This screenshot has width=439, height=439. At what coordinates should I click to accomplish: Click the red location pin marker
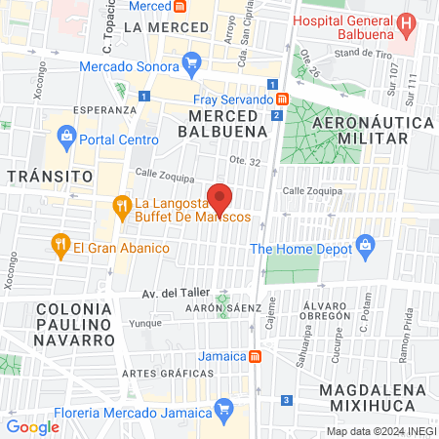pos(220,198)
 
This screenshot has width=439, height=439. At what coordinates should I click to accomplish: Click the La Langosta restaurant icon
pos(122,206)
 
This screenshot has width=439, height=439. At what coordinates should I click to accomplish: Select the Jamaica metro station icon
pos(254,356)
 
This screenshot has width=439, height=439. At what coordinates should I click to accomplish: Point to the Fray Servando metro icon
pos(281,100)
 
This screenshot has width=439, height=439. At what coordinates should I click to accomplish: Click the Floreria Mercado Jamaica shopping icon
pos(224,405)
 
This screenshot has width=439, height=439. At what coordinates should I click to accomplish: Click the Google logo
pos(32,426)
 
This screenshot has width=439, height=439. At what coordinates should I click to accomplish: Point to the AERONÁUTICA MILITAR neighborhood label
pos(372,130)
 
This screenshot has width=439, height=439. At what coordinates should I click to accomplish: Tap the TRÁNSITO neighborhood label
pos(50,176)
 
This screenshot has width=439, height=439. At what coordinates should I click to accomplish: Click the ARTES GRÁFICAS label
pos(155,373)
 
